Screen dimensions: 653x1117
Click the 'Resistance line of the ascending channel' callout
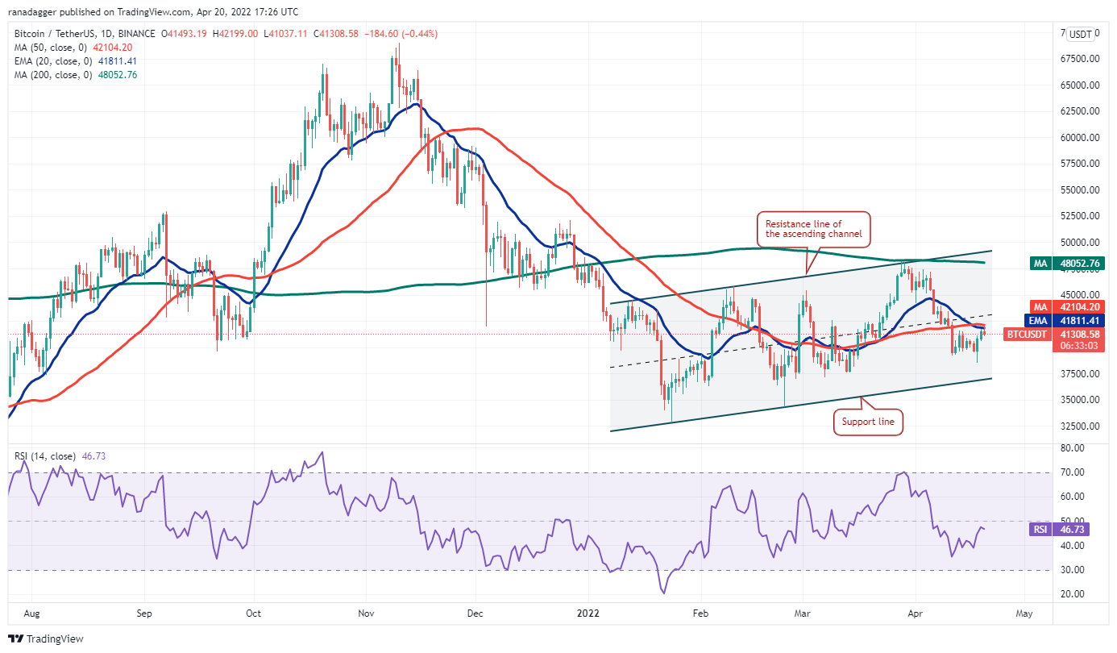pyautogui.click(x=813, y=228)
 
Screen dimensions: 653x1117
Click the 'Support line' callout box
pyautogui.click(x=868, y=422)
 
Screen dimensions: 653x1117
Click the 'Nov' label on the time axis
pyautogui.click(x=366, y=613)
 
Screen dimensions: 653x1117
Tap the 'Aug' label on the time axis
pyautogui.click(x=33, y=613)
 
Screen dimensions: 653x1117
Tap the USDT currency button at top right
pyautogui.click(x=1080, y=34)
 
